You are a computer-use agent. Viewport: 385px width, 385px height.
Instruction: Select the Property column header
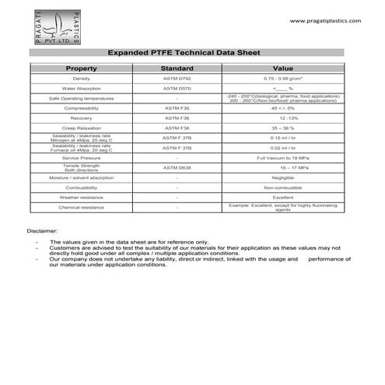[82, 68]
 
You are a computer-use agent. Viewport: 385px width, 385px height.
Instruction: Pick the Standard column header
[177, 68]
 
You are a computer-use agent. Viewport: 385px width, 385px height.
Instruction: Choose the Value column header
[282, 68]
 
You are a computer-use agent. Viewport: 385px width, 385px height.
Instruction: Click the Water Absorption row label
[82, 89]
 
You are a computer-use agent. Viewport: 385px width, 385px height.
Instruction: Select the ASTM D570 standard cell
[177, 89]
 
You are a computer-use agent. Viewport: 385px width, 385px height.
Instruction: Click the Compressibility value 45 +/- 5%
[282, 108]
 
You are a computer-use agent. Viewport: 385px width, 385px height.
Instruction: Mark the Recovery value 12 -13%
[282, 117]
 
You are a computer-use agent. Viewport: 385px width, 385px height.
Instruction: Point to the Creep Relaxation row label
[82, 128]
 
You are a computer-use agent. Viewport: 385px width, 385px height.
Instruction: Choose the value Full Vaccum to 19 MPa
[282, 158]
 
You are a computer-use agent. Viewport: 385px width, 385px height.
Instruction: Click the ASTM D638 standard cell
[177, 167]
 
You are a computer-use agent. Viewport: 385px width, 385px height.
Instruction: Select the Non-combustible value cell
[282, 187]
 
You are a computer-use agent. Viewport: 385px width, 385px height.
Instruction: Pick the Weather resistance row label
[82, 198]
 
